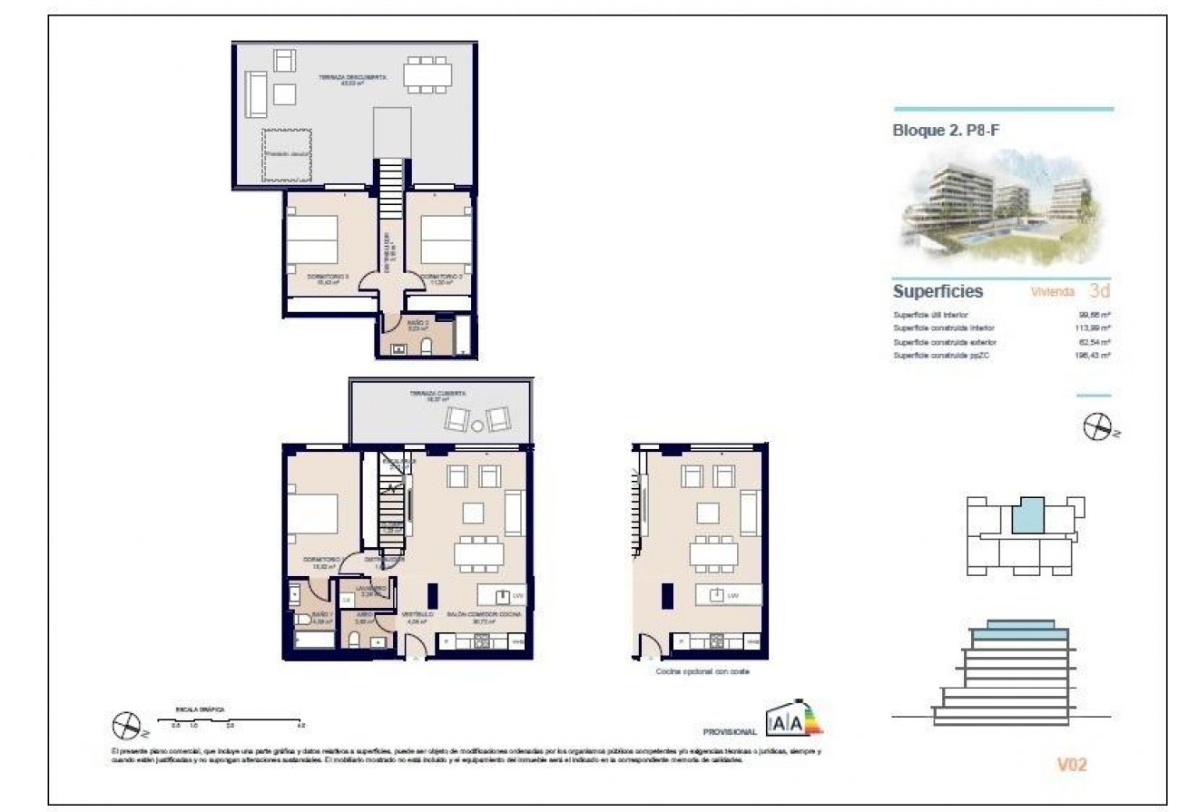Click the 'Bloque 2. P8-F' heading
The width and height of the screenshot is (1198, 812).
pos(947,131)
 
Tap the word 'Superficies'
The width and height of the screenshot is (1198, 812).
pos(938,292)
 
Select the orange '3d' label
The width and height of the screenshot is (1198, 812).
pos(1099,292)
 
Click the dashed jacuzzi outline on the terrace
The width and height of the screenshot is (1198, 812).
pos(288,154)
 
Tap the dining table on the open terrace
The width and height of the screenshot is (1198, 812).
pos(427,73)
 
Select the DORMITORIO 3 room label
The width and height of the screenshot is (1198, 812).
pos(324,278)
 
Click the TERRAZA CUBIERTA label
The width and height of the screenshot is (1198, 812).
pos(437,395)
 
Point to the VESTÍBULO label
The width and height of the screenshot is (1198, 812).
pos(417,615)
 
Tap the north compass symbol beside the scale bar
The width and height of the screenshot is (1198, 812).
pos(124,725)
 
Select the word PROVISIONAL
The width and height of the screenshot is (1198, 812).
pos(730,731)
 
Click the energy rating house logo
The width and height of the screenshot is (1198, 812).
pos(793,719)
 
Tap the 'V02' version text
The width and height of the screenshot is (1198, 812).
pos(1071,765)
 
